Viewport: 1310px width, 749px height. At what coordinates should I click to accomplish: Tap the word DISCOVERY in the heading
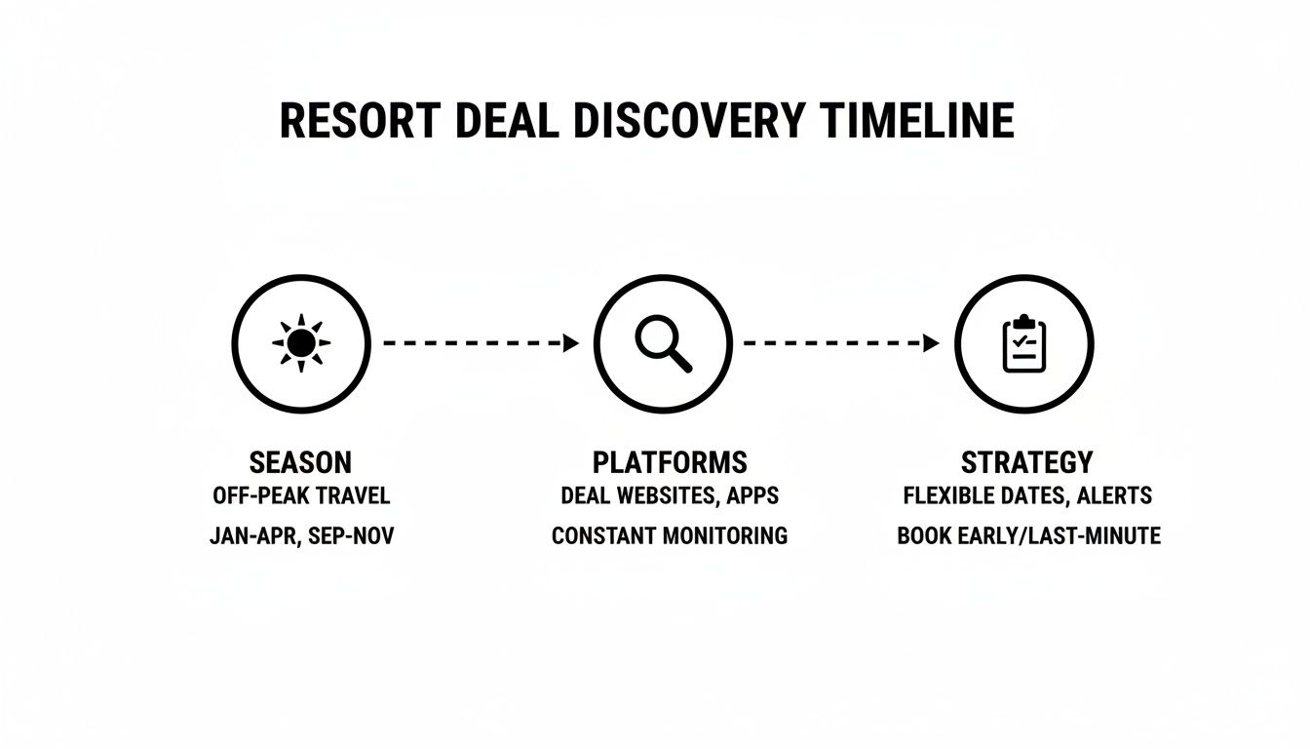click(x=689, y=121)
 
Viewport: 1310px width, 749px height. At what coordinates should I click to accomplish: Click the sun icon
click(x=301, y=343)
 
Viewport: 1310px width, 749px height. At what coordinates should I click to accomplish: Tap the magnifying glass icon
click(x=663, y=344)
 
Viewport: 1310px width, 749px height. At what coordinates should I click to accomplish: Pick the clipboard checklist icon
click(x=1023, y=343)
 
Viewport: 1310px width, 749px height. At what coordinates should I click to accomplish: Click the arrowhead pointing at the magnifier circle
click(x=571, y=343)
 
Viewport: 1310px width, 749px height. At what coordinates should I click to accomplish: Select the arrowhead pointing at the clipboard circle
click(x=932, y=343)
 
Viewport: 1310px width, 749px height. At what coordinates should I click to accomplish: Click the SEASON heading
click(x=301, y=461)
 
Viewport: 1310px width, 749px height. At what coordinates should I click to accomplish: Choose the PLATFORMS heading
click(x=670, y=461)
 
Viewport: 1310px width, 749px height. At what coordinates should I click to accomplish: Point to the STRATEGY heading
click(x=1027, y=461)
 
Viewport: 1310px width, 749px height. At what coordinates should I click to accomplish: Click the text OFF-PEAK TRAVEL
click(x=301, y=495)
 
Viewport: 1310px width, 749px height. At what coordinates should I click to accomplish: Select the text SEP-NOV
click(x=352, y=535)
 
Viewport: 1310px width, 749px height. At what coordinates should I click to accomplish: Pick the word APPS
click(x=753, y=495)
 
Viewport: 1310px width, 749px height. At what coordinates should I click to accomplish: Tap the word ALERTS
click(x=1114, y=495)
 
